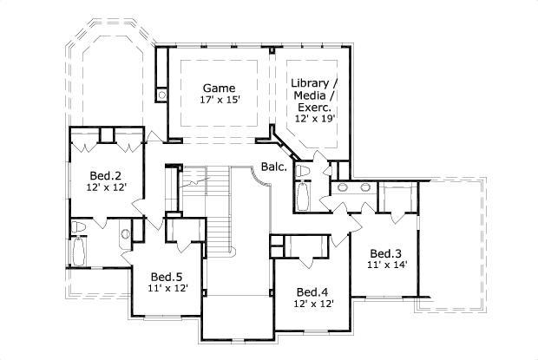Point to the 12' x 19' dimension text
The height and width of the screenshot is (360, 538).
click(x=315, y=117)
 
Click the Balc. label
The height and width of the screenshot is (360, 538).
click(x=273, y=167)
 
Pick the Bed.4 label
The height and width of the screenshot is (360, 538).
click(x=311, y=291)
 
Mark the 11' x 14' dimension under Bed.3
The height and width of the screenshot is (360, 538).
click(x=387, y=257)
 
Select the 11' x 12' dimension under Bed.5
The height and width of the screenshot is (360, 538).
click(x=167, y=290)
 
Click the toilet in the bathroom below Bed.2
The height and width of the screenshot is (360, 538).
click(x=80, y=228)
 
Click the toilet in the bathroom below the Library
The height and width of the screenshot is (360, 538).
click(x=303, y=172)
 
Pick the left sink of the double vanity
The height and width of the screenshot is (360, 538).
click(x=341, y=187)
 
